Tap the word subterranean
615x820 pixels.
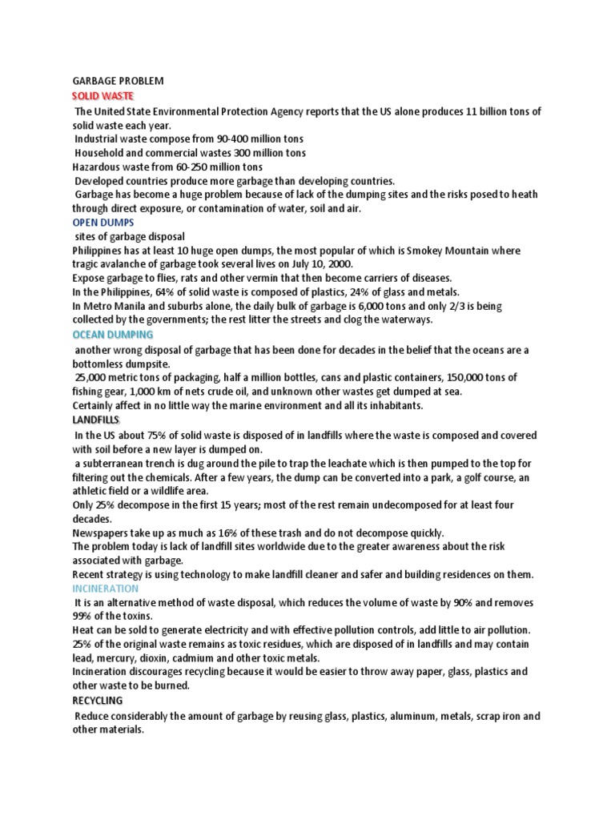click(117, 464)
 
